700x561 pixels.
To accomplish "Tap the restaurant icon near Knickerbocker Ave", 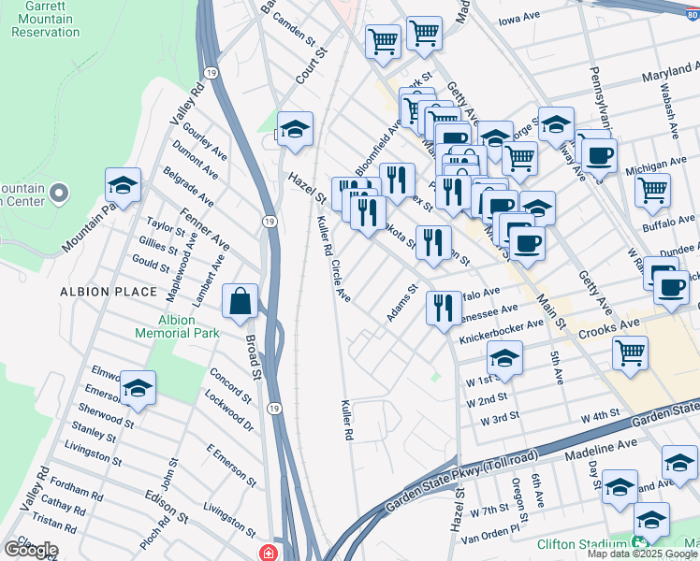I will point(443,308).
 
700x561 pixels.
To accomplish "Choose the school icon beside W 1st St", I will point(504,359).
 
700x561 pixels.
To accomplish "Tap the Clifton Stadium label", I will point(580,544).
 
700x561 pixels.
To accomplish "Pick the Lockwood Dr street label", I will point(233,411).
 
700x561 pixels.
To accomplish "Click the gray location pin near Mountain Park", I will point(59,194).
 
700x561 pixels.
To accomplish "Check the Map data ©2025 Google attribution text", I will point(642,554).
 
